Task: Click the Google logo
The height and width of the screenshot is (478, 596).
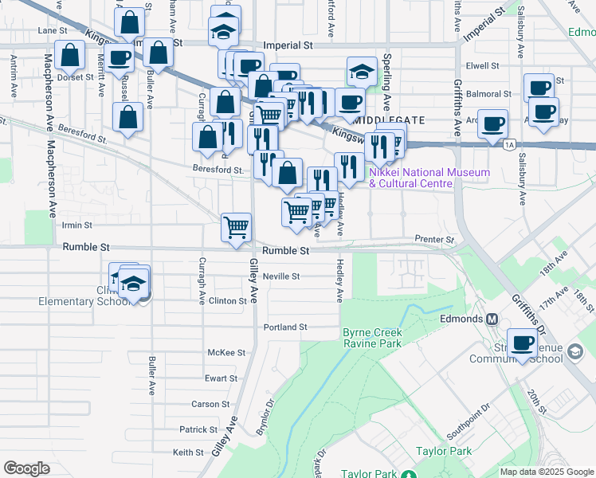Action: (26, 468)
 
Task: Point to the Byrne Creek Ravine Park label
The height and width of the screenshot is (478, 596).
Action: (373, 338)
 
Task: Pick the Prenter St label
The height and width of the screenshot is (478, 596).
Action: (434, 240)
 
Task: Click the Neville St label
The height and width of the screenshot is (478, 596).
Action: (284, 276)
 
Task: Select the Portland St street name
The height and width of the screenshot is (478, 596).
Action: (287, 327)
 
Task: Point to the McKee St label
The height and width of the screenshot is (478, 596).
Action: (226, 352)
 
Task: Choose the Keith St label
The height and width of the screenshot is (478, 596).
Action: (189, 453)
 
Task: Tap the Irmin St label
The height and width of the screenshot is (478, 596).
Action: (77, 225)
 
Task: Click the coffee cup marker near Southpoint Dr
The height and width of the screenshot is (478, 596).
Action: (523, 343)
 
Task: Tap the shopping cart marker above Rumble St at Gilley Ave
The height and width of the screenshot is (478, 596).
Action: (237, 227)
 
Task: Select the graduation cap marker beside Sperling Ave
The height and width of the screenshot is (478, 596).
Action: (363, 72)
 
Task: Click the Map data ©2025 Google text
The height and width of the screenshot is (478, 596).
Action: (546, 472)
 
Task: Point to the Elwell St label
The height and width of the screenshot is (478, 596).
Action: (484, 65)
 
